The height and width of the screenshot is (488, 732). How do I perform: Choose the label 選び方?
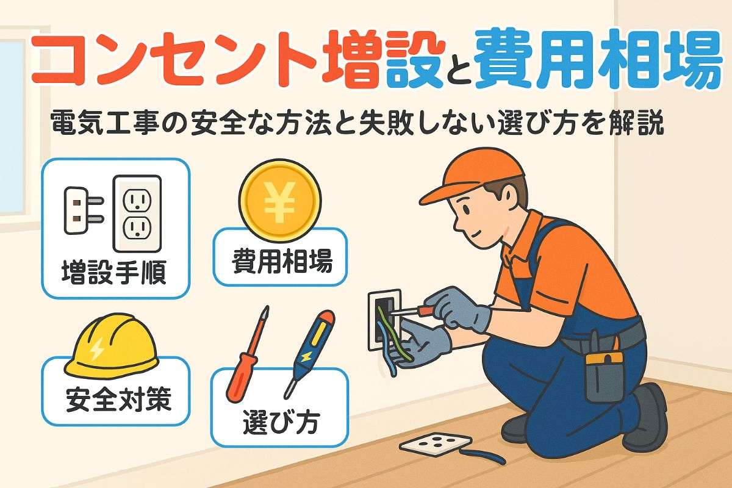click(280, 421)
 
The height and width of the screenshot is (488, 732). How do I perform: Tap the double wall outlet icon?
click(137, 213)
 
